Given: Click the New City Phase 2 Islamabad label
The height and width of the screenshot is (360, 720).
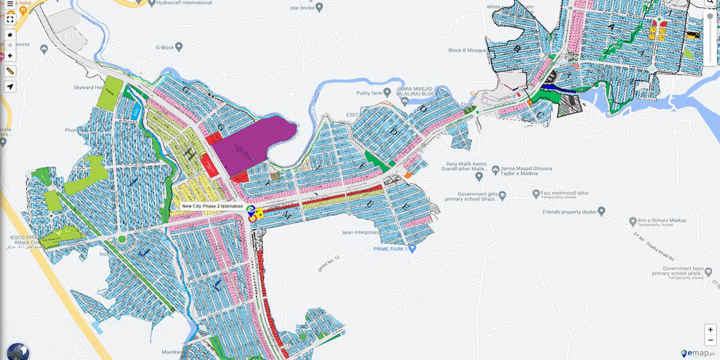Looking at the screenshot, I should (x=212, y=206).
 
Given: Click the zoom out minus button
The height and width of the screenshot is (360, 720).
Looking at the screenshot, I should (x=710, y=340).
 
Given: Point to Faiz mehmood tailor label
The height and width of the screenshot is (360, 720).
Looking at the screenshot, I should (x=565, y=194).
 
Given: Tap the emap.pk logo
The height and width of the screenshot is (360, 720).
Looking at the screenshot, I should (x=698, y=353).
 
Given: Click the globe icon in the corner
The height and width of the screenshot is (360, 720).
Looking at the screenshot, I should (x=17, y=351).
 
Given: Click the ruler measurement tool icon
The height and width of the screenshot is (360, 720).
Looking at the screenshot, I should (x=10, y=71).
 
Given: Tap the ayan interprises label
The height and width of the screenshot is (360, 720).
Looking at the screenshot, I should (x=361, y=232).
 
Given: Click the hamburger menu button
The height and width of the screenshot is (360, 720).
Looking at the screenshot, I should (x=10, y=4).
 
